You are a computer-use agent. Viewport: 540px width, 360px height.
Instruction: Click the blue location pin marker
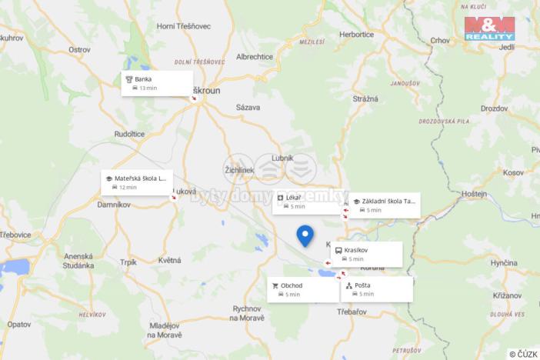tap(305, 235)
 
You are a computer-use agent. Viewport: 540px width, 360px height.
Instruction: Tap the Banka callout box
tap(157, 83)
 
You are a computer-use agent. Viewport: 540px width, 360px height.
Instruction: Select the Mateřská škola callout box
tap(137, 182)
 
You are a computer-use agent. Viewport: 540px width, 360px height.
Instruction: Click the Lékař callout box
tap(307, 202)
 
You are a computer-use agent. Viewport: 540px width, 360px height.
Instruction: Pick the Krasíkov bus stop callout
tap(367, 255)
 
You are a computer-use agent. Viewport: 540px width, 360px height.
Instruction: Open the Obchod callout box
tap(303, 289)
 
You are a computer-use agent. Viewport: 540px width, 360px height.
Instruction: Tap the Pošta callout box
tap(377, 289)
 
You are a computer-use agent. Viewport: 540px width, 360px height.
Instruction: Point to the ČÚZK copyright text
tap(523, 354)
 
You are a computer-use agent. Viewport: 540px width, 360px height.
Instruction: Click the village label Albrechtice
tap(255, 57)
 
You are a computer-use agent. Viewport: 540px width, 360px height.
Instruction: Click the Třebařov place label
tap(354, 313)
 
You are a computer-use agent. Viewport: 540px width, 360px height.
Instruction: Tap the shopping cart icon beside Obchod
tap(274, 285)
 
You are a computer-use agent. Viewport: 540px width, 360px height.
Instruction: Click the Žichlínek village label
tap(239, 169)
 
